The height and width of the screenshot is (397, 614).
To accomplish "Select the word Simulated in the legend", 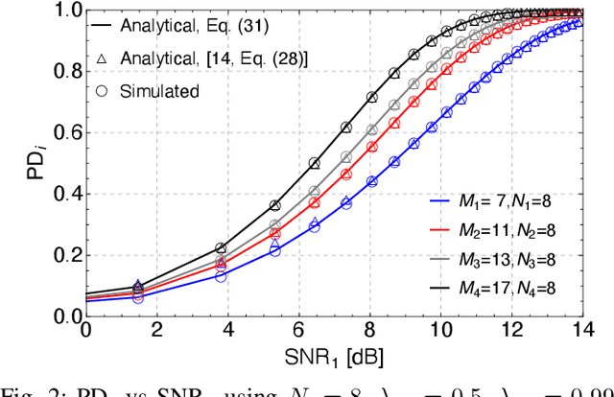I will [x=160, y=91].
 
